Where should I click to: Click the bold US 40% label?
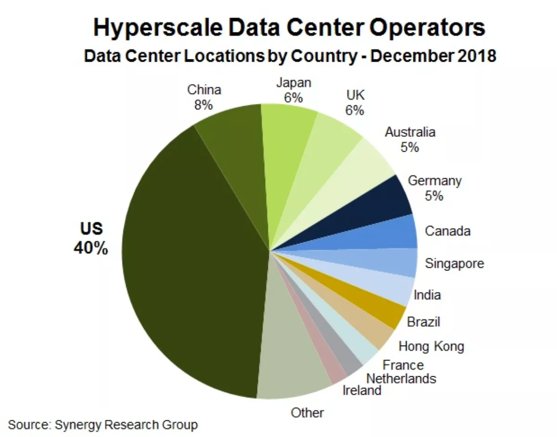pos(91,238)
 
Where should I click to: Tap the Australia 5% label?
pos(410,139)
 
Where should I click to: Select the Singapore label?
pos(454,263)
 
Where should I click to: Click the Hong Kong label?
pos(431,346)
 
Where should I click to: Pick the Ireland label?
pos(362,390)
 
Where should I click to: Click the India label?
pos(427,295)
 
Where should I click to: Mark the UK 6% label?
pos(355,103)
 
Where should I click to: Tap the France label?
pos(403,365)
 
